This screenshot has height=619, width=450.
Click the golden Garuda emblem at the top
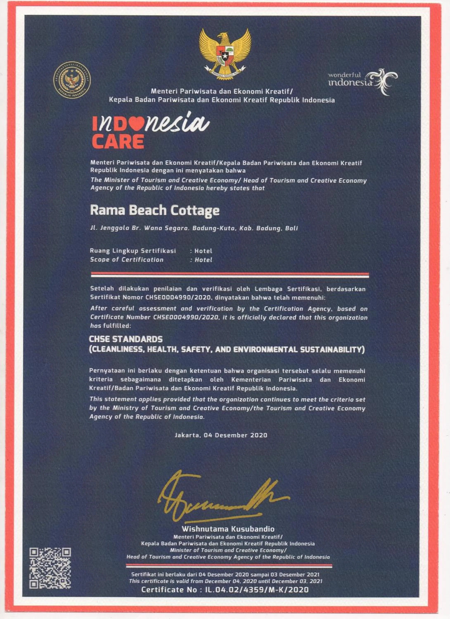tap(225, 53)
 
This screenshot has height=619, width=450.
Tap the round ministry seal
tap(72, 80)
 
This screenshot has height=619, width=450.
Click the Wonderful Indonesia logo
tap(363, 81)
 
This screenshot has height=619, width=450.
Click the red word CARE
tap(118, 142)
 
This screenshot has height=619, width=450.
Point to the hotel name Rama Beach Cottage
tap(155, 210)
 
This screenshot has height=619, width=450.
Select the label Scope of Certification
tap(127, 260)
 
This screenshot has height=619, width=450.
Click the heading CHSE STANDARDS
tap(126, 339)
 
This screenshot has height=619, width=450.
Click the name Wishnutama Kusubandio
tap(228, 529)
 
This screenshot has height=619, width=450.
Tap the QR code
tap(50, 568)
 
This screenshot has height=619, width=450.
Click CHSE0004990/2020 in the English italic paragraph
tap(186, 317)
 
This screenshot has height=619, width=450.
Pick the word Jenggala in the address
tap(115, 228)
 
